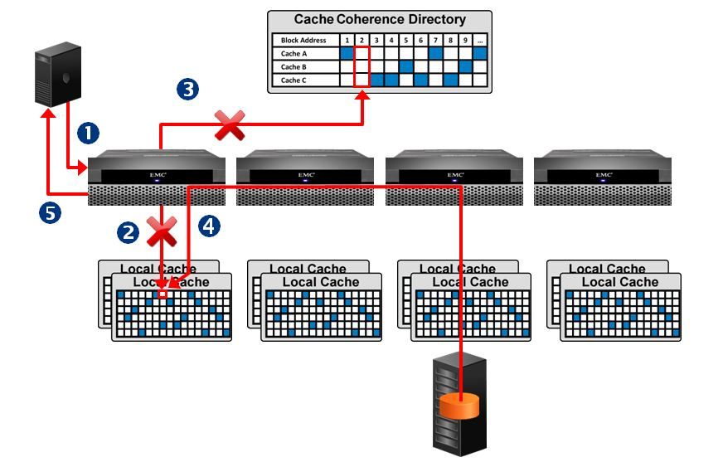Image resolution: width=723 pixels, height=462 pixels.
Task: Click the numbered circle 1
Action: click(x=88, y=131)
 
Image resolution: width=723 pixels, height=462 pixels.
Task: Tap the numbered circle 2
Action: click(x=128, y=232)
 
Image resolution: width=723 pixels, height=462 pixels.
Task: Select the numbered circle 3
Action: click(x=187, y=90)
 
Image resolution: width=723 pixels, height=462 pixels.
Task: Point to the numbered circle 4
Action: click(x=210, y=226)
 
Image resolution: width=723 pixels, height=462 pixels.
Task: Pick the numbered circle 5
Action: click(x=51, y=214)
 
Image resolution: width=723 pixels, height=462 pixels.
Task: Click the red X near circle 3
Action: click(x=229, y=125)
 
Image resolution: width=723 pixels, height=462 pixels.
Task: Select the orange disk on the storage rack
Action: click(x=461, y=406)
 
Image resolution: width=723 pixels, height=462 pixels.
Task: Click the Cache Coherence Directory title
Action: click(x=380, y=19)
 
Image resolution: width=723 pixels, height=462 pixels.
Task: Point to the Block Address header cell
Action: click(x=303, y=40)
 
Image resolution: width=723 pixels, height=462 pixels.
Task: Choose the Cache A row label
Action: click(x=292, y=53)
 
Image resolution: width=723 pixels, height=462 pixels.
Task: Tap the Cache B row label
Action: click(x=292, y=66)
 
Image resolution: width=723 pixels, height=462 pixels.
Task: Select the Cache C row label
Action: click(x=292, y=80)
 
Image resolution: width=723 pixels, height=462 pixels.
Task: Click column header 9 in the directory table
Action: click(x=466, y=40)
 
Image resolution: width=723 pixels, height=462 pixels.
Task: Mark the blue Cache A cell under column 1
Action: click(x=347, y=53)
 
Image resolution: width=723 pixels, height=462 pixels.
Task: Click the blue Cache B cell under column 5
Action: click(x=406, y=66)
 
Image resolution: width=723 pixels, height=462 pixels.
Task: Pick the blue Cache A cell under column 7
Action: click(x=436, y=53)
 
